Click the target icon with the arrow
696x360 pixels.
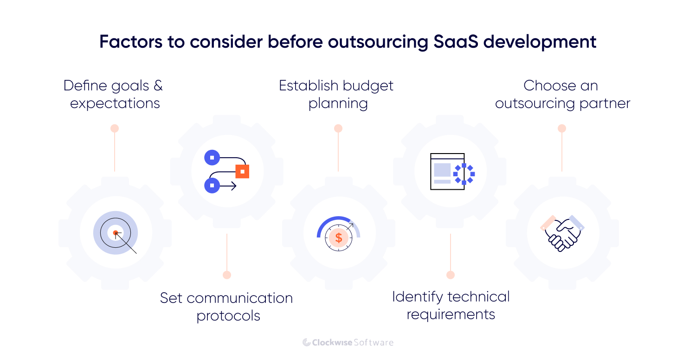click(x=116, y=233)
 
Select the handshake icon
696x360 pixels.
click(x=562, y=233)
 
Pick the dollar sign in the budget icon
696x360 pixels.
click(x=339, y=238)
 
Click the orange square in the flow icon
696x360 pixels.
click(x=242, y=171)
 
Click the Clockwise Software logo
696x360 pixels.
click(x=348, y=342)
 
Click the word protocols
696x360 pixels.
click(x=228, y=316)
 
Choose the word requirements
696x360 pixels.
click(x=451, y=315)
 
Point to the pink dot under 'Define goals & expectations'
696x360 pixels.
click(x=115, y=129)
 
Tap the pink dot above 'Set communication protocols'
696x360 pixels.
click(x=227, y=275)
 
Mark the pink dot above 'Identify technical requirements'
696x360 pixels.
click(x=451, y=275)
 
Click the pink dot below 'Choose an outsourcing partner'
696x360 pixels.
click(x=562, y=129)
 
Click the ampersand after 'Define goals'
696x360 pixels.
click(x=158, y=86)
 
